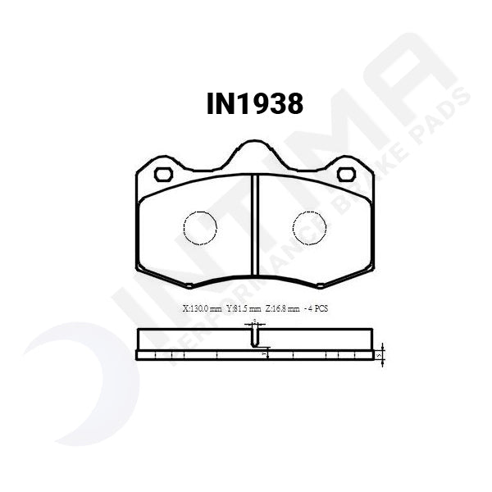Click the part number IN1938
point(254,104)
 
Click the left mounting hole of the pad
point(162,174)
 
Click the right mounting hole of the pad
point(346,174)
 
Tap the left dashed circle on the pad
point(199,227)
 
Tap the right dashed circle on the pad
point(309,227)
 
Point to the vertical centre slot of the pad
point(255,225)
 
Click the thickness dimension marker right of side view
point(381,355)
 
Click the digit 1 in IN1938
point(240,104)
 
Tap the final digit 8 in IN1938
point(294,104)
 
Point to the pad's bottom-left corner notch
point(189,285)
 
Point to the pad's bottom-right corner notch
point(321,285)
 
